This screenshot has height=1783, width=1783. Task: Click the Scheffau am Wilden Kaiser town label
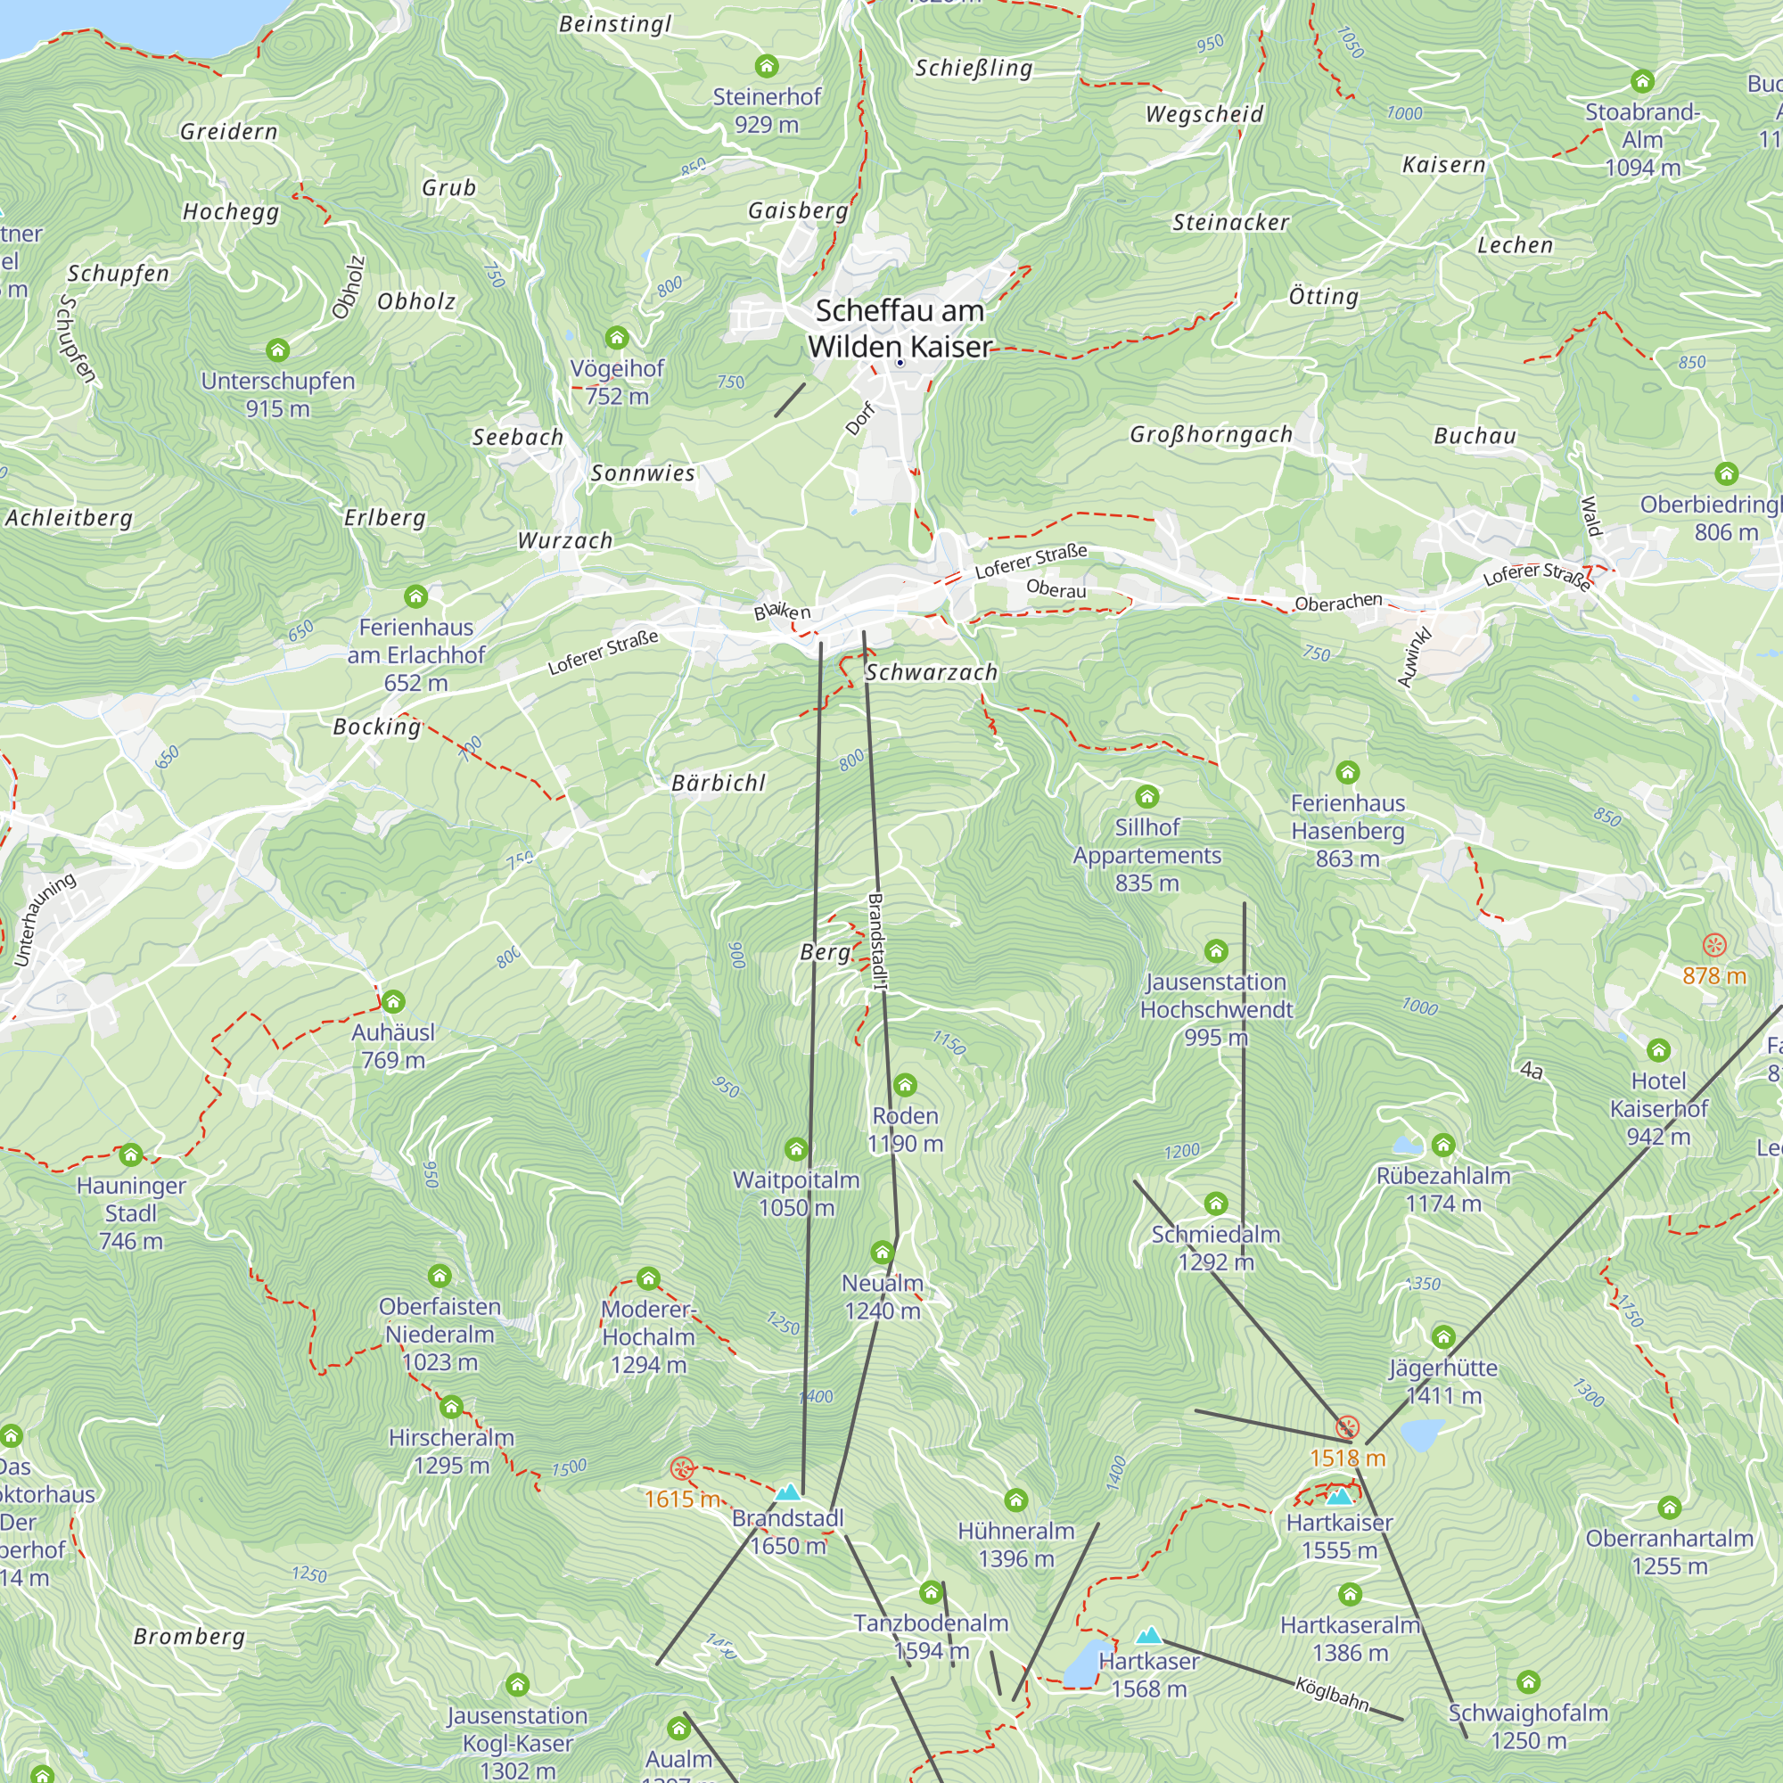tap(900, 329)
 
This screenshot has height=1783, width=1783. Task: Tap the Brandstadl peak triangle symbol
tap(787, 1491)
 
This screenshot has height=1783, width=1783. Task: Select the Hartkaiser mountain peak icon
tap(1339, 1497)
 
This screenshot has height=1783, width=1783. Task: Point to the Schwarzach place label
tap(932, 673)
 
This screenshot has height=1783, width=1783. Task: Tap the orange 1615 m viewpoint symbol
tap(682, 1468)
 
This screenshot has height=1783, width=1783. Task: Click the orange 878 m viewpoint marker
tap(1713, 945)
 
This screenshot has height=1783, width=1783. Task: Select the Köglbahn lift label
tap(1332, 1694)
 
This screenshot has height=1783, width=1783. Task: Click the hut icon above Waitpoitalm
tap(796, 1149)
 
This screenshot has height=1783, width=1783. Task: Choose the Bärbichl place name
tap(718, 784)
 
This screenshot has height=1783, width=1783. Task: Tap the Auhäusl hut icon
tap(393, 1001)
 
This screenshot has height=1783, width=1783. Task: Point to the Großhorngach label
tap(1211, 435)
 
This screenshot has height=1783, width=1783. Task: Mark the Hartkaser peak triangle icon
tap(1149, 1636)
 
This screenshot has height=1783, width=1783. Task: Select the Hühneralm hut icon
tap(1016, 1500)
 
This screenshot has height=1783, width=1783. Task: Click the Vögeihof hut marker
tap(617, 338)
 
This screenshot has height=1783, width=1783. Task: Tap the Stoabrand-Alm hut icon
tap(1642, 81)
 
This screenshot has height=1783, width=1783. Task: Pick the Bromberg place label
tap(189, 1637)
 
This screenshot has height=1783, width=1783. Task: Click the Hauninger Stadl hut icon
tap(131, 1154)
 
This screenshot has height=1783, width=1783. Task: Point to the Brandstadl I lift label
tap(876, 941)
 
